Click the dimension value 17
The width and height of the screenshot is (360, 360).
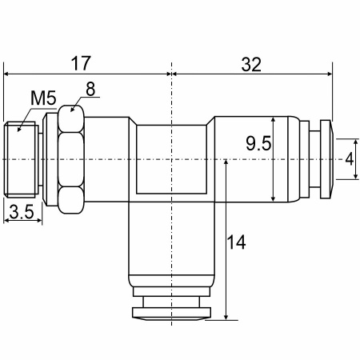click(81, 63)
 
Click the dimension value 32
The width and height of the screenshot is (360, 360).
click(251, 65)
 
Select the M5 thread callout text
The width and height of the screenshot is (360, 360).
click(43, 98)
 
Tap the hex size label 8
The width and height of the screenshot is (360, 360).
click(90, 89)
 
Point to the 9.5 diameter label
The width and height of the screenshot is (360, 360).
click(258, 143)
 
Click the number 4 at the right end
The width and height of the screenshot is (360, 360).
click(349, 159)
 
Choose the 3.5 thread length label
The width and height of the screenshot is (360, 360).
click(22, 212)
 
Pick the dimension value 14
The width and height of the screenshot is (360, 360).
click(236, 242)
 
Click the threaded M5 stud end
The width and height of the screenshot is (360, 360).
click(20, 159)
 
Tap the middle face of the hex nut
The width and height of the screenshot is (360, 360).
click(71, 159)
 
